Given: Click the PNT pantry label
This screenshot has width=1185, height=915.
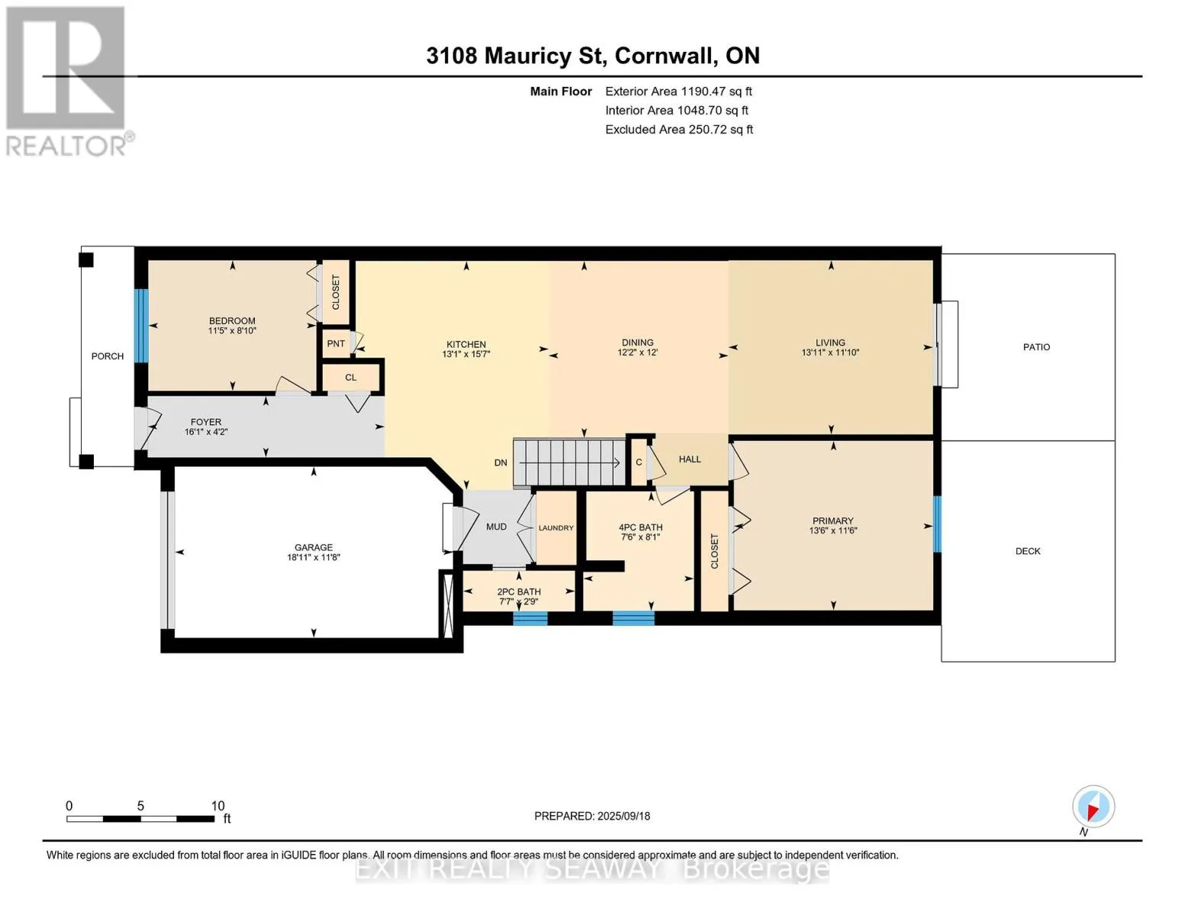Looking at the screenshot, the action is click(336, 343).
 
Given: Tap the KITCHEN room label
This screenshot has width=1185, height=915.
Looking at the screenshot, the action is click(465, 345).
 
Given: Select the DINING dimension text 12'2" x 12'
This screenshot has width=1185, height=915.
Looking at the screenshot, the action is click(637, 352).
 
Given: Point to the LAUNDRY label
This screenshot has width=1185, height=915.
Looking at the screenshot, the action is click(555, 528).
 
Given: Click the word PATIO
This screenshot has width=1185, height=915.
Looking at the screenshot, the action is click(1036, 347).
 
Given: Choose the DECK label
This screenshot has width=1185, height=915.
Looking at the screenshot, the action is click(1027, 551).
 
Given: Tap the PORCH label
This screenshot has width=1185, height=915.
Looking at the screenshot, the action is click(108, 356).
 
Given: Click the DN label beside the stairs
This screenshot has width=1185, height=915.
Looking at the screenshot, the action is click(500, 463).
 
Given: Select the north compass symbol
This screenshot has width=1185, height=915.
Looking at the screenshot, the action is click(1093, 807).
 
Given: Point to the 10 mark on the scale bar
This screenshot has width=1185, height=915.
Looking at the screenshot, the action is click(217, 806).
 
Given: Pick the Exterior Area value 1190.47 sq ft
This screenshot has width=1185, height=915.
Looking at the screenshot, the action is click(716, 91).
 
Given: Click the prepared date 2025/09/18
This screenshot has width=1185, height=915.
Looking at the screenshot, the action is click(623, 816).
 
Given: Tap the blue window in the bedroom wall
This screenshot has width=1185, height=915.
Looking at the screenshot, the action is click(141, 326).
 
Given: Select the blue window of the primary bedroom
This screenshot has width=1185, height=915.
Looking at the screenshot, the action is click(937, 525).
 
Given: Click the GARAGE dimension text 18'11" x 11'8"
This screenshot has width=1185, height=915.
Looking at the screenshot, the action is click(314, 557).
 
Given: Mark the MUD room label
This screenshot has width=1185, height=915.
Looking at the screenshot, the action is click(496, 527).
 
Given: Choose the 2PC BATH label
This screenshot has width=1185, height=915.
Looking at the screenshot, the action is click(519, 592).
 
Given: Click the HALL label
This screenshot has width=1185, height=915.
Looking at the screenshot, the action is click(689, 460).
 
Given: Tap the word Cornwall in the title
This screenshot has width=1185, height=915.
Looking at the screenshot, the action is click(666, 56).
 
